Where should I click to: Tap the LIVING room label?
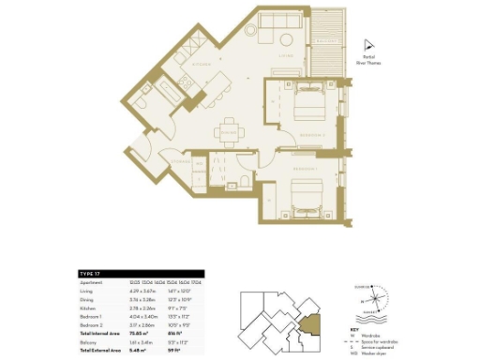(x=288, y=55)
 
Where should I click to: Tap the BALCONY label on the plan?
(x=327, y=41)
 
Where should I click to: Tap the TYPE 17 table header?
(x=90, y=273)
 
